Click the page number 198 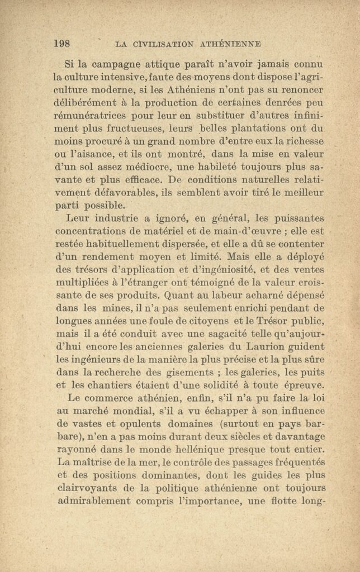61,43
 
